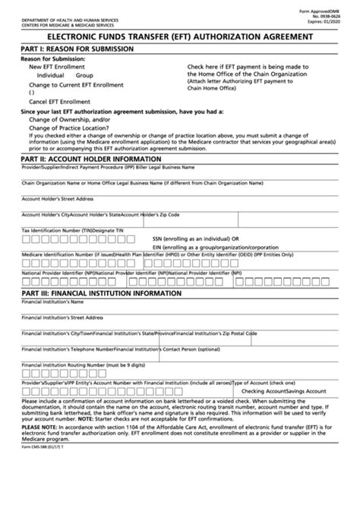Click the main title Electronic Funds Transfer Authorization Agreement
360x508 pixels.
coord(180,36)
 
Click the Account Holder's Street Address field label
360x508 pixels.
coord(58,198)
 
